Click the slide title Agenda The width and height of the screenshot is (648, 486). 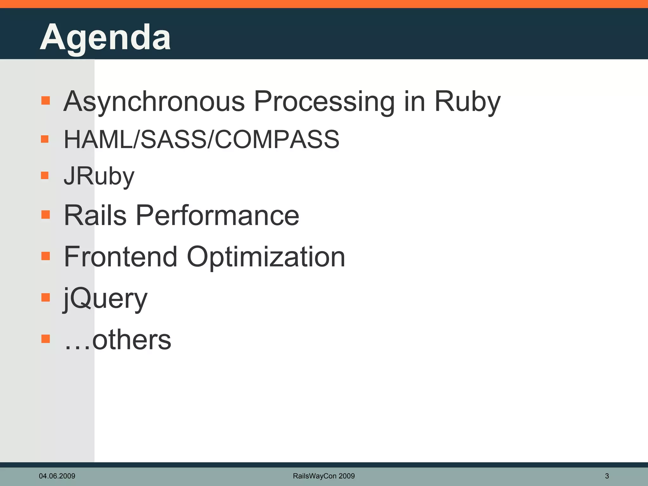point(105,37)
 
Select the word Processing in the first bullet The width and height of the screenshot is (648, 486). point(324,102)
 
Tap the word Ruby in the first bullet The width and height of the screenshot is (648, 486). point(467,102)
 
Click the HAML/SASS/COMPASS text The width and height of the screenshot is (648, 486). point(202,139)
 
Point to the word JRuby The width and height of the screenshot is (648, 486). point(99,176)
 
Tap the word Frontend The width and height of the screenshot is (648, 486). point(121,257)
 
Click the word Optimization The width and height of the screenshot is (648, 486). point(266,257)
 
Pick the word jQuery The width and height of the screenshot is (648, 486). point(105,298)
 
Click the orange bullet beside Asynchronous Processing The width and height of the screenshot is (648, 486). point(46,101)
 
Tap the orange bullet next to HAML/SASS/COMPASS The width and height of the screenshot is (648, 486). point(45,139)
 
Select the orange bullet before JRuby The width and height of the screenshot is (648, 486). point(45,175)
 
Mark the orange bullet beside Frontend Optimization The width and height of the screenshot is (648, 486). point(46,256)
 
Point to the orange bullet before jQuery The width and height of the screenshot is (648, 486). point(46,297)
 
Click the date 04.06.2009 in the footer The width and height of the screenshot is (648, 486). point(57,476)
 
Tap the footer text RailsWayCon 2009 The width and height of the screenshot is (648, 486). point(324,476)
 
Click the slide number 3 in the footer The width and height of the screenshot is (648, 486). point(607,476)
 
